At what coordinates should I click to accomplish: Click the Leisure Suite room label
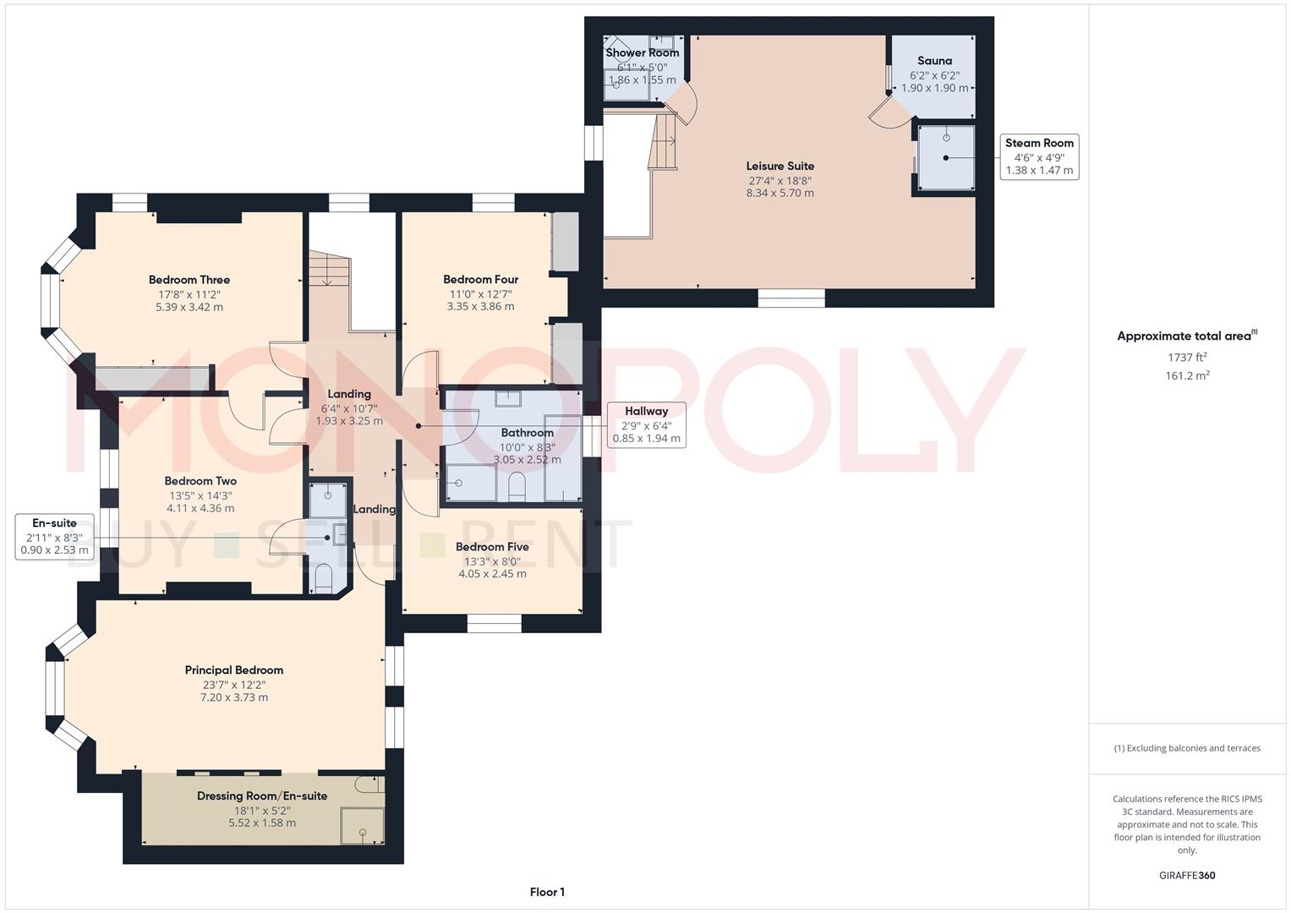[780, 167]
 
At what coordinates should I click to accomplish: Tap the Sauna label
[934, 61]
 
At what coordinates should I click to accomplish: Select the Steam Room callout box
[1039, 156]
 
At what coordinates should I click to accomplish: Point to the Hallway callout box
[646, 424]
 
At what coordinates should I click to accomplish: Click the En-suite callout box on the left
[54, 536]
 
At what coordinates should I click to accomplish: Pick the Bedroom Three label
[189, 280]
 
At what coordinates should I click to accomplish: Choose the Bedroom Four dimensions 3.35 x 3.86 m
[480, 307]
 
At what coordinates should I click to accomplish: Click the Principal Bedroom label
[234, 670]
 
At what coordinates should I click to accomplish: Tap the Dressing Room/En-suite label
[262, 796]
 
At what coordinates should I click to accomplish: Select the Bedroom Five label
[492, 547]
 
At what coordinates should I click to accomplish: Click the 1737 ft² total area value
[1187, 358]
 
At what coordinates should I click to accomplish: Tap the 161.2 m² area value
[1187, 376]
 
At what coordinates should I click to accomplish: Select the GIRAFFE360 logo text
[1187, 875]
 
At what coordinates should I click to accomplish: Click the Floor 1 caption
[547, 892]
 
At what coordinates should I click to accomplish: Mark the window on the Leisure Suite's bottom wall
[791, 298]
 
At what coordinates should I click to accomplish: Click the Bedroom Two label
[200, 481]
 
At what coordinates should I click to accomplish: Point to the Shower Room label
[642, 52]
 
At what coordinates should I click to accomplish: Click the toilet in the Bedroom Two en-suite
[324, 578]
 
